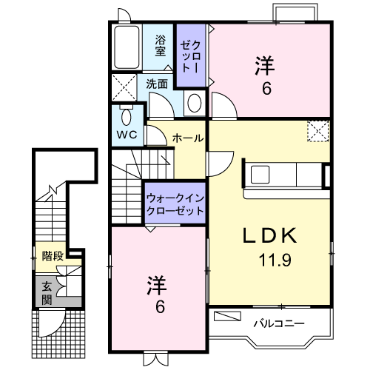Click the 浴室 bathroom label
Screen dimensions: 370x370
(x=161, y=47)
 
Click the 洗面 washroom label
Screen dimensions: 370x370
(x=156, y=84)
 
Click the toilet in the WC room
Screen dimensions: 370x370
(x=126, y=118)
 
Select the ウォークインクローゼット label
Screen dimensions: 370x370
(x=175, y=203)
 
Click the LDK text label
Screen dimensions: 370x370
(x=270, y=236)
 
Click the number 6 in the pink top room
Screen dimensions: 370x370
(x=266, y=87)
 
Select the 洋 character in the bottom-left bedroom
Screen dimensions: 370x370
(x=155, y=284)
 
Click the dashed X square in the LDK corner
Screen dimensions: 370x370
(x=319, y=132)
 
